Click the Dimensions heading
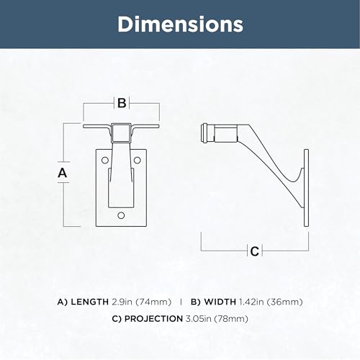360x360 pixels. click(180, 24)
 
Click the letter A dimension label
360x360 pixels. click(62, 173)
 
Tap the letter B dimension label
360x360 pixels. click(122, 103)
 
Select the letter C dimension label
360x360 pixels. click(255, 251)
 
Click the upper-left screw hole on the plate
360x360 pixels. click(105, 161)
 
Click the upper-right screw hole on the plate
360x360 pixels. click(137, 160)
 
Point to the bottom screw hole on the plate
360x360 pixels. click(121, 215)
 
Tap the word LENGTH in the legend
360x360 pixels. click(90, 302)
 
